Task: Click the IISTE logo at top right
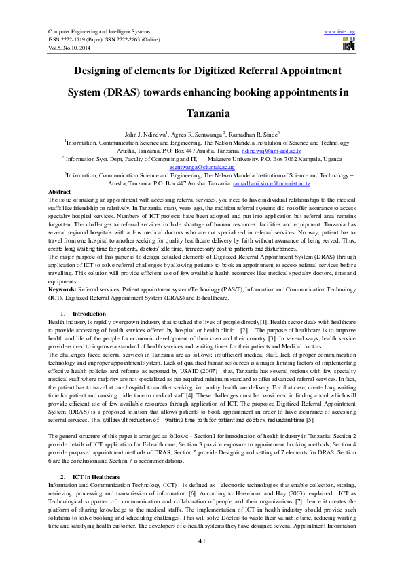click(x=348, y=46)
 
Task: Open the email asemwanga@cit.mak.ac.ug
click(x=202, y=168)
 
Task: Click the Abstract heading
click(x=60, y=192)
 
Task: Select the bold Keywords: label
click(x=63, y=289)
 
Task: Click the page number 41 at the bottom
click(x=202, y=540)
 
